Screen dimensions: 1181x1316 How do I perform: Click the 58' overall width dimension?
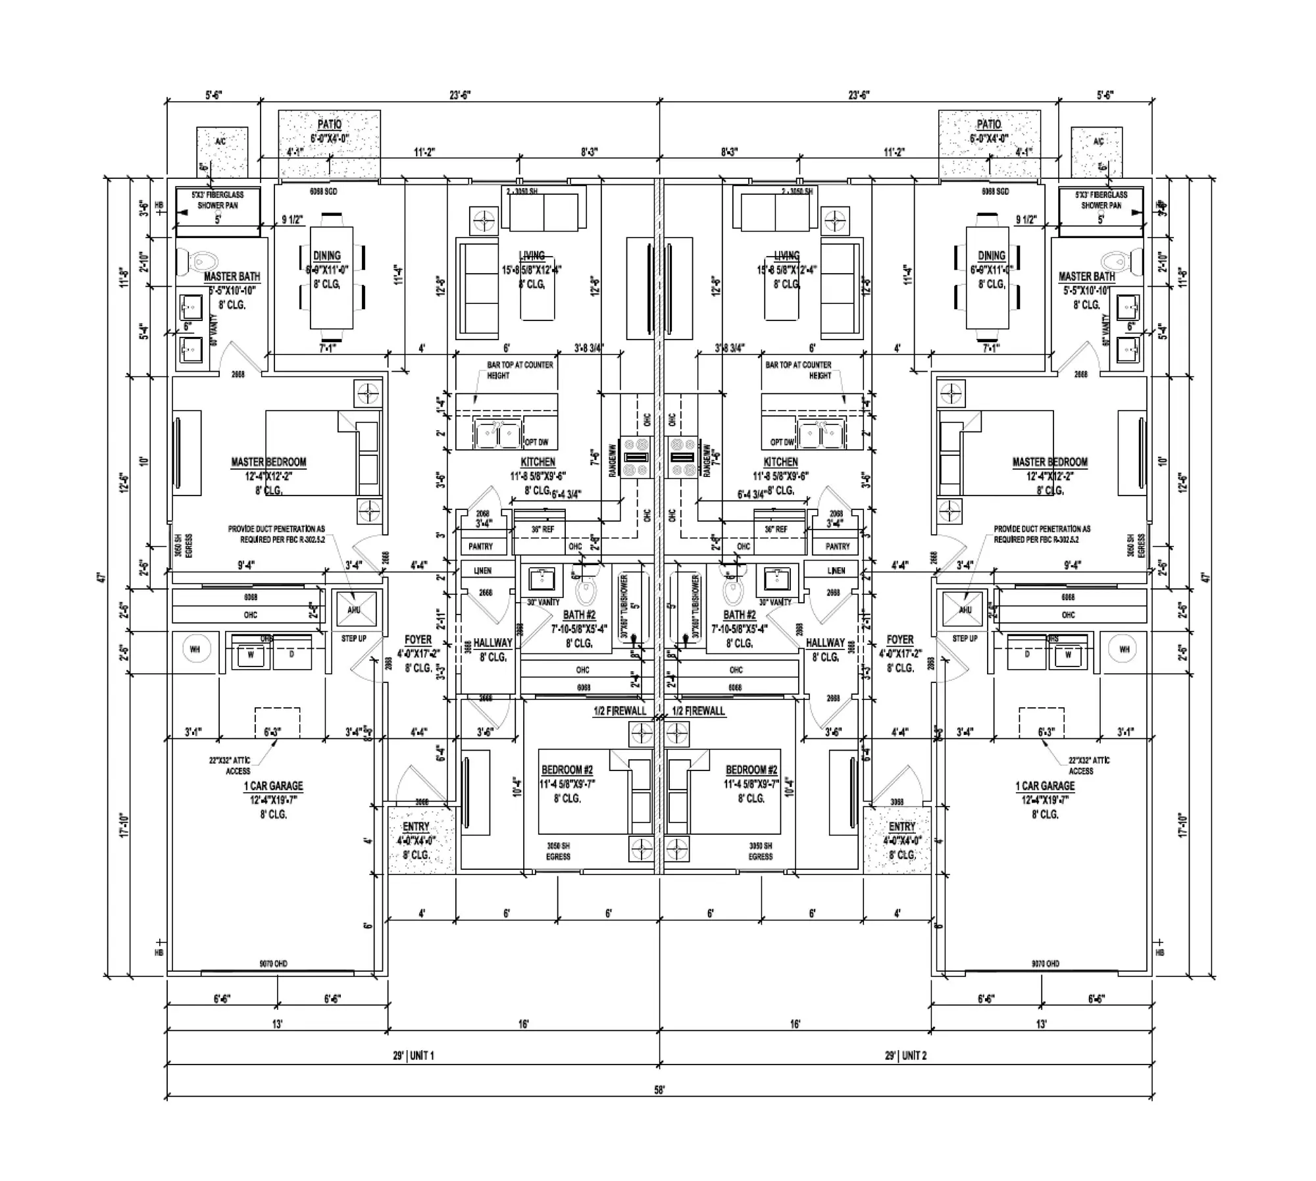659,1090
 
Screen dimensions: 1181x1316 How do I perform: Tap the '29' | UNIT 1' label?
413,1055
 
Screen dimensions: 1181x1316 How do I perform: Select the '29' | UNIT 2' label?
905,1055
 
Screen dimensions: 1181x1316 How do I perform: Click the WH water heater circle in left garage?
195,649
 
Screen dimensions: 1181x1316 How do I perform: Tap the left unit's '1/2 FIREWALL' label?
619,711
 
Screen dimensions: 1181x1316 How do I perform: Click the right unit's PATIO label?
988,124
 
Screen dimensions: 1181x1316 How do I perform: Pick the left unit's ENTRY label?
416,826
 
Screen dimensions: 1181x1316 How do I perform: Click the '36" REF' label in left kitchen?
543,529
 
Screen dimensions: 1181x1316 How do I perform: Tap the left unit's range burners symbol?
636,457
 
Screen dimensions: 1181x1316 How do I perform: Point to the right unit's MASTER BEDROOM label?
1050,462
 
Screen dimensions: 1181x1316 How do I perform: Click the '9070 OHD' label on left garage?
272,964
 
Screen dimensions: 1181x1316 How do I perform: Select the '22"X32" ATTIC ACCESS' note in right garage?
1088,765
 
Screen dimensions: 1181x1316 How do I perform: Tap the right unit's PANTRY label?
837,546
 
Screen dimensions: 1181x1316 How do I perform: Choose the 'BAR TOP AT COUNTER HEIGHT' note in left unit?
519,370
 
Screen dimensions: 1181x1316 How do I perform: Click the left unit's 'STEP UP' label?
353,638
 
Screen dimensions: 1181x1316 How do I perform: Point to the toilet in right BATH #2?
731,589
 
